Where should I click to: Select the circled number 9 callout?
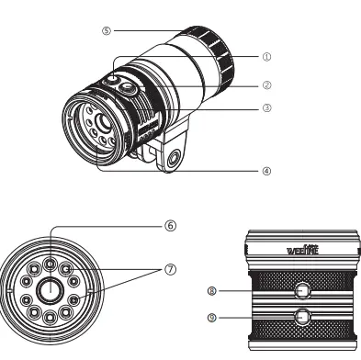(213, 317)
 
